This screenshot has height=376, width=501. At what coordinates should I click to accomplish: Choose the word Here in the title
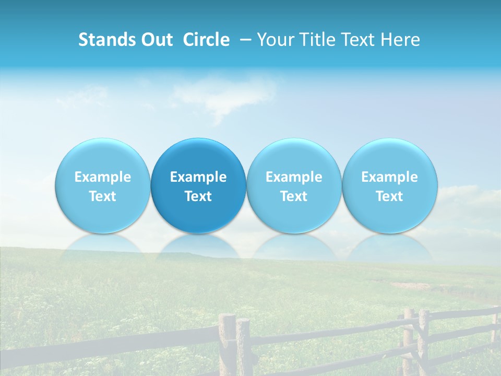coord(400,40)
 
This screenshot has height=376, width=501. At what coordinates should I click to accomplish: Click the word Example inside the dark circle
coord(198,177)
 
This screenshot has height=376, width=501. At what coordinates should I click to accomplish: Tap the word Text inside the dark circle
coord(198,196)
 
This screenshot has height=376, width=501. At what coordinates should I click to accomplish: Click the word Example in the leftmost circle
coord(102,177)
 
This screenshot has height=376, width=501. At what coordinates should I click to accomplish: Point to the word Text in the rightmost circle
coord(390,196)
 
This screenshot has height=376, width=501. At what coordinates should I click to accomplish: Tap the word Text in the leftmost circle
coord(102,196)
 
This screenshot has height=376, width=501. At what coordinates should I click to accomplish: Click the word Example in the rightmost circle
coord(390,177)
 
